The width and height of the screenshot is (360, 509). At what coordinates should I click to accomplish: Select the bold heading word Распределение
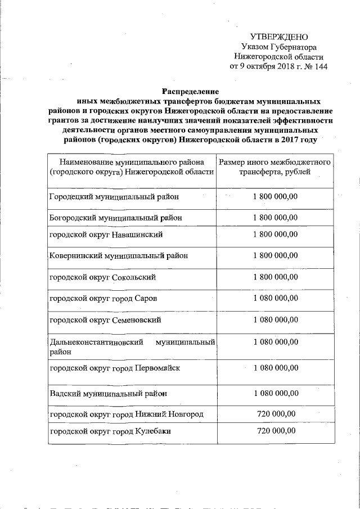coord(190,92)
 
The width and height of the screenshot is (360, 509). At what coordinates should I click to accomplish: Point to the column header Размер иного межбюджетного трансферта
coord(274,167)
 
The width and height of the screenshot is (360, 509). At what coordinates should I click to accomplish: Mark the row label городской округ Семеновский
coord(105,320)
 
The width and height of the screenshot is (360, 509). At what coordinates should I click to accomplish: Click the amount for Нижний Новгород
coord(276,414)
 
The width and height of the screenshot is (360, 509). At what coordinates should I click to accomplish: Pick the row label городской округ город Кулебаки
coord(110,431)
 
